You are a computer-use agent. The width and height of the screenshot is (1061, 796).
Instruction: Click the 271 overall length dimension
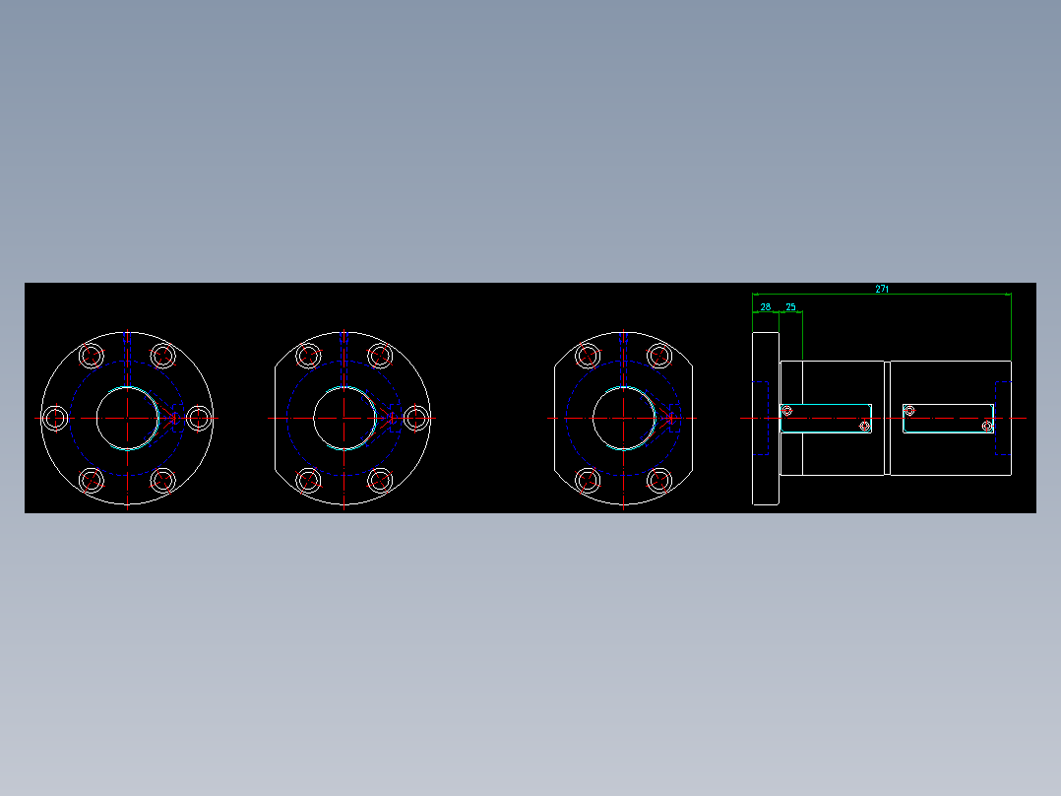[882, 289]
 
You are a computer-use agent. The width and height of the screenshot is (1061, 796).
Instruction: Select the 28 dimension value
[766, 307]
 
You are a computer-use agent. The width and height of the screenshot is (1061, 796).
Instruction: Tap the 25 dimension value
[790, 307]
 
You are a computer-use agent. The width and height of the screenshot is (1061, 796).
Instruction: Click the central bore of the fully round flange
[127, 418]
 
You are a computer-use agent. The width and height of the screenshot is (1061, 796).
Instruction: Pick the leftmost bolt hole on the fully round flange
[54, 418]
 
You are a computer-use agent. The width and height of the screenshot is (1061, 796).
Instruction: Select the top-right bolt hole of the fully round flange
[163, 356]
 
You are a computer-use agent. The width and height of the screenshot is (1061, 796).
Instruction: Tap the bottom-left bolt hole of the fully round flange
[92, 481]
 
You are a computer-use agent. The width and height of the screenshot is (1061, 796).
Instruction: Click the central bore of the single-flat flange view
[343, 418]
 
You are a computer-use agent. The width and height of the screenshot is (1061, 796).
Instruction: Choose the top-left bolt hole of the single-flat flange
[308, 356]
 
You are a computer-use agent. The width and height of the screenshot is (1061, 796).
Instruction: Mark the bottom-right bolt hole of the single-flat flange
[380, 481]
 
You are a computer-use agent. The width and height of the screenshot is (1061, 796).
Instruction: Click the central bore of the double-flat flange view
[623, 418]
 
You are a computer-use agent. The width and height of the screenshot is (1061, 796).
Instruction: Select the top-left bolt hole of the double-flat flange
[588, 356]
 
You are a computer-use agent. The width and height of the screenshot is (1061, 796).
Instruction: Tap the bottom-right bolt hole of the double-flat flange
[659, 481]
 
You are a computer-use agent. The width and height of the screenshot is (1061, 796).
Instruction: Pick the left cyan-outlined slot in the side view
[827, 419]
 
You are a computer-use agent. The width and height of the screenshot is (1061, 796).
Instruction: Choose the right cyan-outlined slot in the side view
[948, 419]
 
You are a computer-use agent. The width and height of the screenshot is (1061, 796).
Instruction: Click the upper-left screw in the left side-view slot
[787, 411]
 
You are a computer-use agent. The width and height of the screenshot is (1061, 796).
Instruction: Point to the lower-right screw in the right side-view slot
[987, 427]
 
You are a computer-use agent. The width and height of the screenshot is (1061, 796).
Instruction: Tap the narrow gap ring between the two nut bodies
[887, 418]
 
